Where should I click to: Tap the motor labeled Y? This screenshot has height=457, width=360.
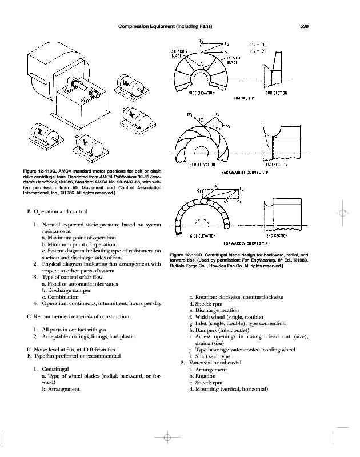85,141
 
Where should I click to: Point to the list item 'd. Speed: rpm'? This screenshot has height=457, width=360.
206,304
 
